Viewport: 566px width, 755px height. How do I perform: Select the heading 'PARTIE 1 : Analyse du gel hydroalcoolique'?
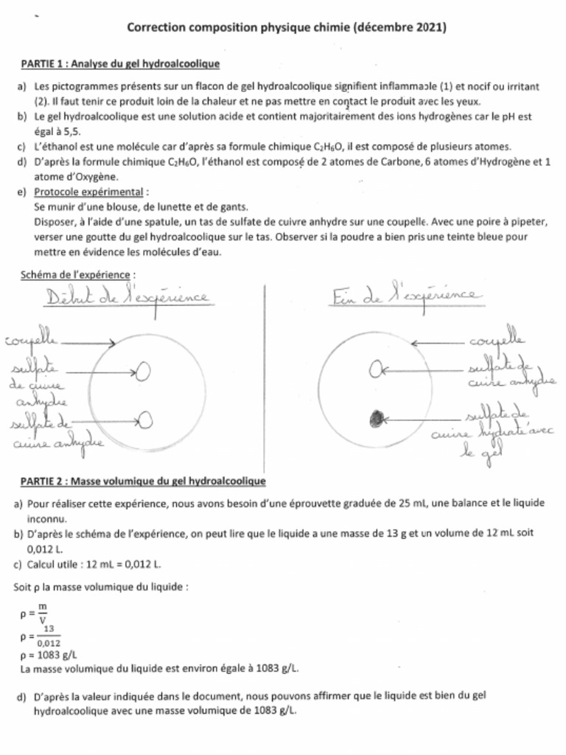click(119, 64)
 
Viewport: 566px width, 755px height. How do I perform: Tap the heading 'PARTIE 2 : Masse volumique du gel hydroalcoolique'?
click(142, 481)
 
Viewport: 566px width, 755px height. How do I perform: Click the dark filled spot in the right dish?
click(377, 419)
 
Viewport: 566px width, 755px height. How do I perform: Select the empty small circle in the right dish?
click(375, 366)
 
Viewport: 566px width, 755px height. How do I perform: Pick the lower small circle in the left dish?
click(145, 420)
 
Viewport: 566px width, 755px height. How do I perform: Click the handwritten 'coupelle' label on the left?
click(31, 342)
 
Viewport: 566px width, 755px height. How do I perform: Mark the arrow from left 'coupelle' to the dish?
click(87, 342)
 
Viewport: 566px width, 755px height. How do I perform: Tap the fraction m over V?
click(42, 612)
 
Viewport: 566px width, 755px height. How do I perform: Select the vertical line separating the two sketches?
click(263, 376)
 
